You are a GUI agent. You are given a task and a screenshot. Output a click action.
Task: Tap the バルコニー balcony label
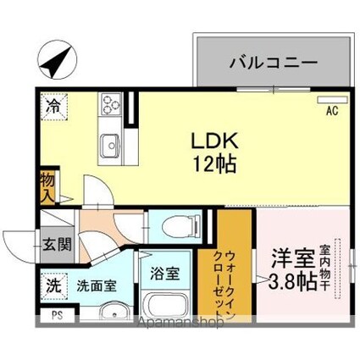click(273, 61)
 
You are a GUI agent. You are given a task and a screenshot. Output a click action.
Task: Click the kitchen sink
click(110, 147)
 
